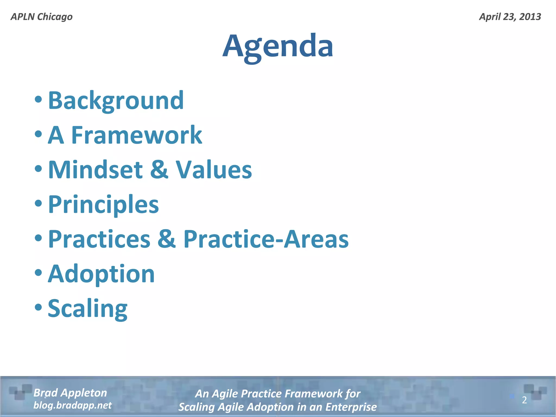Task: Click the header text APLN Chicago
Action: pos(42,17)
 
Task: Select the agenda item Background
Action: pos(116,100)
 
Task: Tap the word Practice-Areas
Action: pos(266,239)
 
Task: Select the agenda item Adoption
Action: pos(101,274)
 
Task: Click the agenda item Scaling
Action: pos(87,309)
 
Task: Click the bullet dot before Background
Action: pos(39,99)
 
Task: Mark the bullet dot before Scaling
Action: pos(39,307)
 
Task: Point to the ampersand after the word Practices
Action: pos(167,239)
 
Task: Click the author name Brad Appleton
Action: pos(70,393)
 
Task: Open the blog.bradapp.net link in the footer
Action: pos(72,405)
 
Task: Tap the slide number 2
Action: pos(524,400)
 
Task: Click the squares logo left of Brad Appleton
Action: pos(20,392)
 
